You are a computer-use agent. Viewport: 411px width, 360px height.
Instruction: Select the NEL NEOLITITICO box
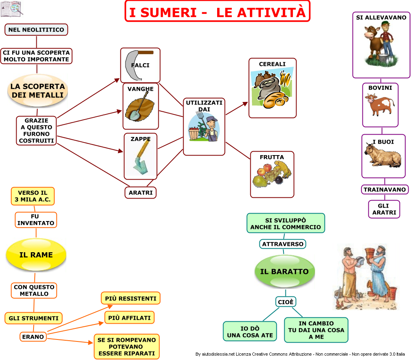36,30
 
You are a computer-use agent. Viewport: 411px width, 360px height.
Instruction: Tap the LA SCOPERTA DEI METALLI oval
38,91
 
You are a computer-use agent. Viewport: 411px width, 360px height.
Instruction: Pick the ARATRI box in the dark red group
141,193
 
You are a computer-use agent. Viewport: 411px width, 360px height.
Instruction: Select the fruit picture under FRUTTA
272,174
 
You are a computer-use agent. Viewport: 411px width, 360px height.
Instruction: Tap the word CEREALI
272,64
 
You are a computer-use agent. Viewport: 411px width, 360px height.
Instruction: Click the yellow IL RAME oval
36,255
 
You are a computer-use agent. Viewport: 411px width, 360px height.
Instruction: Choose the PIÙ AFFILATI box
129,317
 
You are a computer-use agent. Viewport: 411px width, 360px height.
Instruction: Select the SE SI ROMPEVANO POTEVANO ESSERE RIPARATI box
127,346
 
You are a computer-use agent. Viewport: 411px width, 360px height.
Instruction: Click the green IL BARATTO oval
285,272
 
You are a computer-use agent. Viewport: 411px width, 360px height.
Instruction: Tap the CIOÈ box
285,302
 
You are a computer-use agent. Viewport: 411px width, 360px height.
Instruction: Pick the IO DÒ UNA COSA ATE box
250,332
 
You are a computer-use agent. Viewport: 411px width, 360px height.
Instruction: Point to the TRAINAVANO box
385,189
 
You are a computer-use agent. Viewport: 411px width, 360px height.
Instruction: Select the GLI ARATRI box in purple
384,209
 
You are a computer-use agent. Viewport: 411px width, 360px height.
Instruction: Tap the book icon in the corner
11,9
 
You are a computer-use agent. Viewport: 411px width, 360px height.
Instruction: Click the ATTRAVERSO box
283,244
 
